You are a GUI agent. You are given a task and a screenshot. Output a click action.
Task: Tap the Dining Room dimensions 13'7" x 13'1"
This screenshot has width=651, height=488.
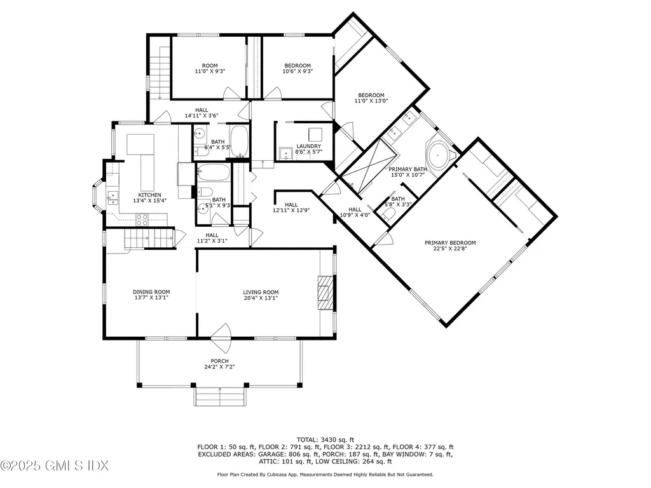(151, 298)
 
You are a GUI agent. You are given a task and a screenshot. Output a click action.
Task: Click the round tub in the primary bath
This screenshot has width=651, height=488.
(439, 155)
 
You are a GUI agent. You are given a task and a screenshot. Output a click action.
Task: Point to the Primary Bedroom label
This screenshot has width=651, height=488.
(450, 243)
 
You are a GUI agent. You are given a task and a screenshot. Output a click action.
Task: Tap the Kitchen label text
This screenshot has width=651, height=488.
(150, 195)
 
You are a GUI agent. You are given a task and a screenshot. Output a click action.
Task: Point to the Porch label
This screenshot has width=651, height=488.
(220, 361)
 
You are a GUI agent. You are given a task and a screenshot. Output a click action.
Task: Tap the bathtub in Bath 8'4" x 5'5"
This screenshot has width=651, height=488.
(239, 140)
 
